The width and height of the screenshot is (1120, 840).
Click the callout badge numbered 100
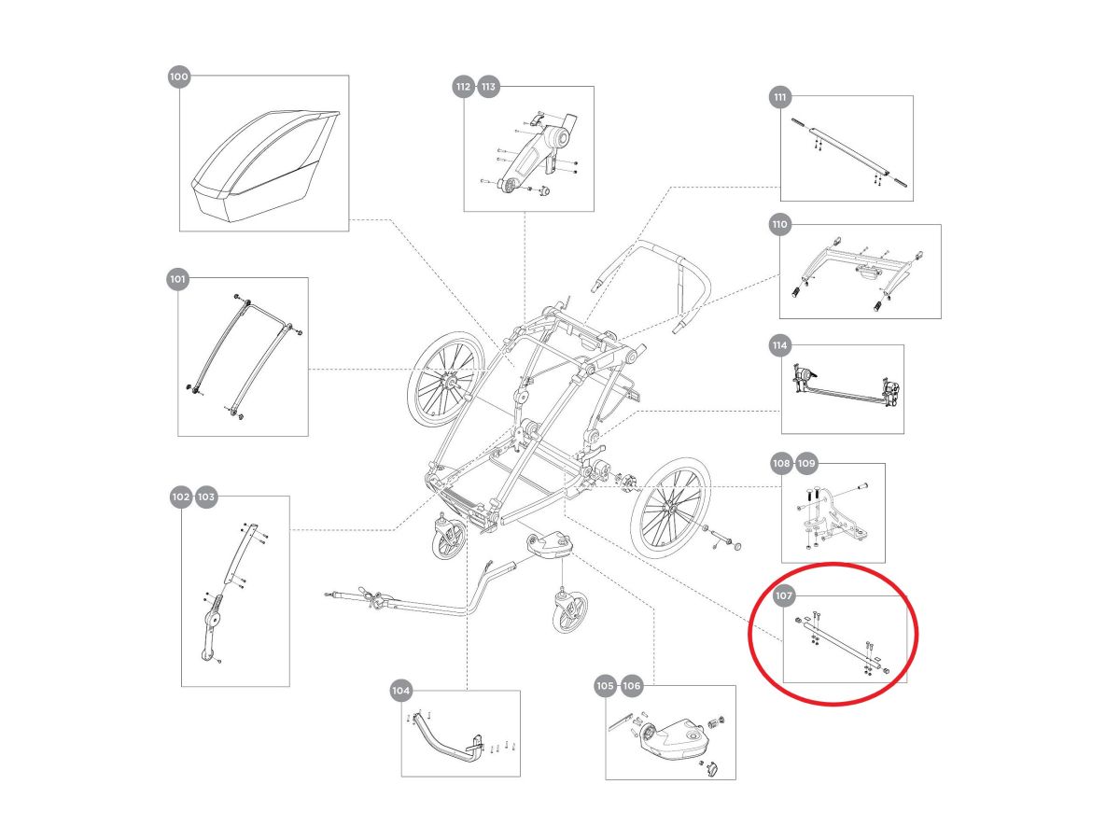point(178,77)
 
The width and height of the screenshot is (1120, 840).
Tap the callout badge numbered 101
point(177,278)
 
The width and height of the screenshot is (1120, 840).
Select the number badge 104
point(400,691)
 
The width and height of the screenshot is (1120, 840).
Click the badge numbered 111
point(780,97)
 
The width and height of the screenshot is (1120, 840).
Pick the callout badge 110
point(780,224)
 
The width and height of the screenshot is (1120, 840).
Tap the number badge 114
point(779,346)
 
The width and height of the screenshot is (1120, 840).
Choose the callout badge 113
point(488,88)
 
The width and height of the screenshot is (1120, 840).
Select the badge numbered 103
point(206,497)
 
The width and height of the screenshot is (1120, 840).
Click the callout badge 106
point(632,686)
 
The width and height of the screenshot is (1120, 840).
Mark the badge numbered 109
point(806,463)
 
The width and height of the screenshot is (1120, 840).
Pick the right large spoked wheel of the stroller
point(669,509)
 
